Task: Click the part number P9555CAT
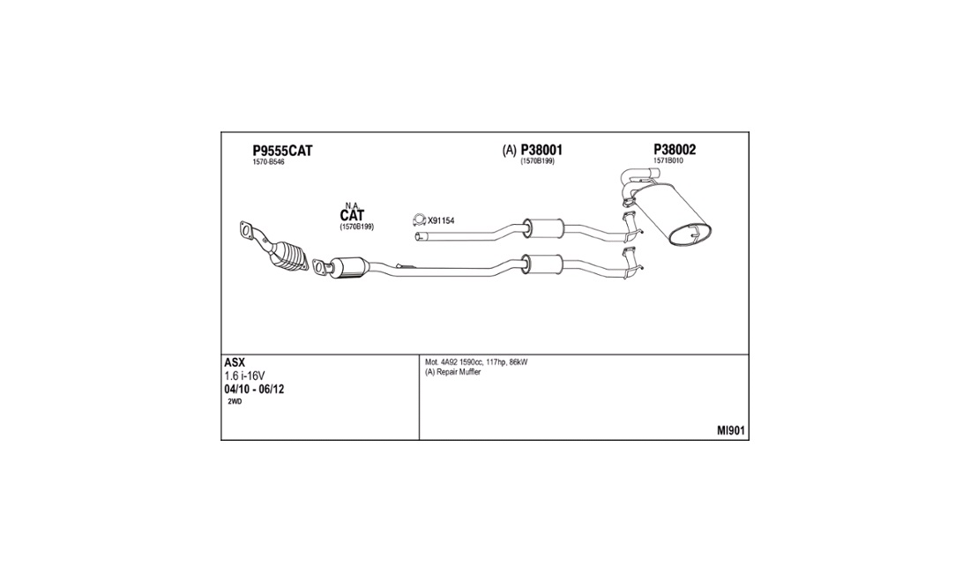[282, 150]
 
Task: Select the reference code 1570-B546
[268, 162]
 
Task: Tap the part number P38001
[541, 150]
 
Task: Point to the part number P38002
[675, 150]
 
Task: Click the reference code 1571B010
[668, 160]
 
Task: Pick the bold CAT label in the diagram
[352, 215]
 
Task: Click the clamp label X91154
[441, 220]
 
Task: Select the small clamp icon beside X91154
[419, 220]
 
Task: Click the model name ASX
[235, 363]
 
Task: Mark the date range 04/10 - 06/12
[254, 390]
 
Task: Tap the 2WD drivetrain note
[235, 402]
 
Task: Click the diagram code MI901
[731, 431]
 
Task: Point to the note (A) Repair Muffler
[453, 372]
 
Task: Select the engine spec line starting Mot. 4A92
[476, 362]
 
